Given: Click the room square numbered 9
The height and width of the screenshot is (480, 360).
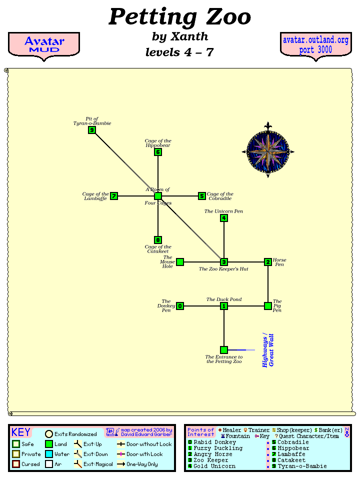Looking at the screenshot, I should coord(92,130).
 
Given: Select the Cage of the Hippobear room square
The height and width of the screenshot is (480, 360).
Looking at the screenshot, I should coord(158,152).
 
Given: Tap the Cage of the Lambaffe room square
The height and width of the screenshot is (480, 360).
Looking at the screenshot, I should coord(114,196).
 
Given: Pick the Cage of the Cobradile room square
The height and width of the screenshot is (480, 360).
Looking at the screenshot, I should coord(202,196).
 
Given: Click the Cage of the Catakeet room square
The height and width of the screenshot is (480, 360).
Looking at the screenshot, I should coord(158,240).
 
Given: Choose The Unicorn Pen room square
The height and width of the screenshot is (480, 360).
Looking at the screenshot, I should coord(224,218).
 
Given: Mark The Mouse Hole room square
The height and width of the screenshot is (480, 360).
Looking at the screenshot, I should coord(180,262).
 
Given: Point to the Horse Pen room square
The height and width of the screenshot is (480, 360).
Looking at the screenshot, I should coord(268,262).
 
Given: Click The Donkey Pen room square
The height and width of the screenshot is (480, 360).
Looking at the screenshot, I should coord(180,306).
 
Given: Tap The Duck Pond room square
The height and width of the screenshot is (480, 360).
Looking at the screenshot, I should coord(224,306).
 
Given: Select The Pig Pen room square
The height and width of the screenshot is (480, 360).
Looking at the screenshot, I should coord(268,306).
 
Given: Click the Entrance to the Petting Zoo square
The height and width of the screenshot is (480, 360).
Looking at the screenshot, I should coord(224,350).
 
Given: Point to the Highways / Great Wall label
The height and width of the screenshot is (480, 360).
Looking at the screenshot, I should coord(268,350).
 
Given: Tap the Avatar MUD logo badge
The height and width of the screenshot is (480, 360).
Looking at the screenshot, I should coord(44,45).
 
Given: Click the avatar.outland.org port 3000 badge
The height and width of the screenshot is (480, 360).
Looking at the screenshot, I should coord(315,45).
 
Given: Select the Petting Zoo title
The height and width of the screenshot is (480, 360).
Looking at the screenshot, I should coord(179,17).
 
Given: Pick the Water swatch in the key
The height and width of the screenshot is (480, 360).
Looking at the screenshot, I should coord(49,454).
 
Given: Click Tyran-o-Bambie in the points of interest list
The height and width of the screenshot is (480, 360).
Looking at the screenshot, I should coord(302,466).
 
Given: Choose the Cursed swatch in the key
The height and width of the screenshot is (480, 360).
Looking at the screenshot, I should coord(16,464).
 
